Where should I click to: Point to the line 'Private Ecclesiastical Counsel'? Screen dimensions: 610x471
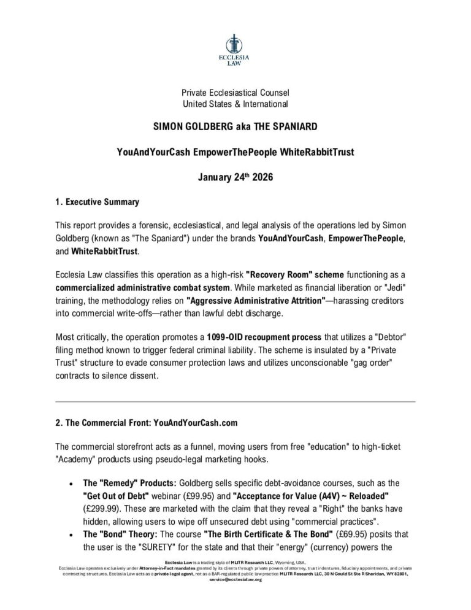click(x=235, y=93)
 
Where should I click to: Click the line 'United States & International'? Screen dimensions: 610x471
click(x=235, y=104)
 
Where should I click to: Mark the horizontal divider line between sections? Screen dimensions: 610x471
click(x=235, y=401)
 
